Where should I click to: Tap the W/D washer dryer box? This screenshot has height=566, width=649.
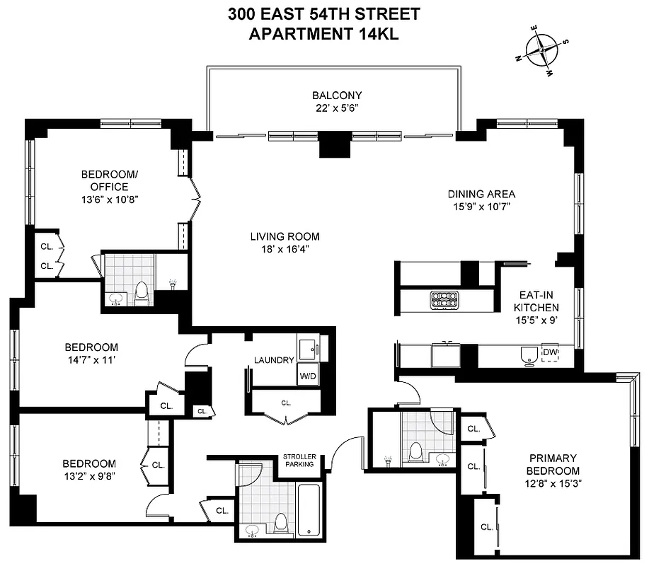[306, 375]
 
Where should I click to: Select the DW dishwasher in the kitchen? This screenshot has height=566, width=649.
[550, 352]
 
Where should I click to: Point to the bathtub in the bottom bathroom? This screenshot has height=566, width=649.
[309, 509]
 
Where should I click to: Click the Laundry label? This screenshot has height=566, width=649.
[274, 360]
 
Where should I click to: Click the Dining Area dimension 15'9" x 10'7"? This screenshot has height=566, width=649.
[481, 207]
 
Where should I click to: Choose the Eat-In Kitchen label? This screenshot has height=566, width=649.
[536, 301]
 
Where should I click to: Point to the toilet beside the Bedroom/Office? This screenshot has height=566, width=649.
[142, 293]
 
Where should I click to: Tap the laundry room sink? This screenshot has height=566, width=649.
[308, 348]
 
